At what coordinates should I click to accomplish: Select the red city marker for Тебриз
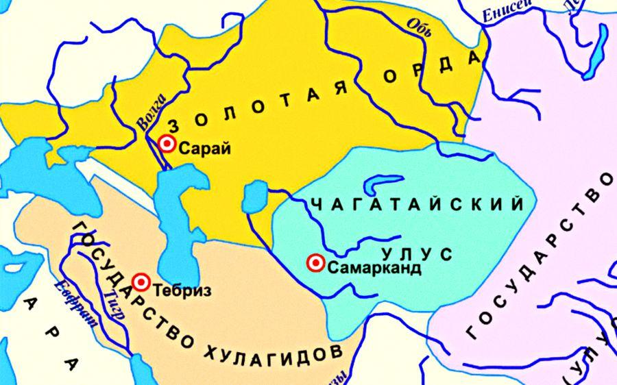point(141,282)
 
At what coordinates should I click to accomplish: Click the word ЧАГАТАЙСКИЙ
point(418,204)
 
